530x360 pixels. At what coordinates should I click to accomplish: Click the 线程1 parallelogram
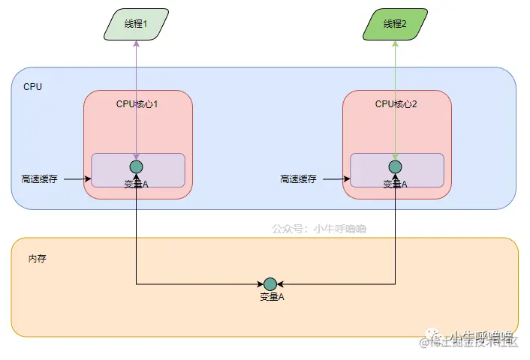pyautogui.click(x=136, y=24)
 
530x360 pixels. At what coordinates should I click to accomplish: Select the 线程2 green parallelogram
pyautogui.click(x=395, y=24)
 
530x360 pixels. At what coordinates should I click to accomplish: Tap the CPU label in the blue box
pyautogui.click(x=33, y=87)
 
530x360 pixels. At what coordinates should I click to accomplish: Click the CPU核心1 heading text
pyautogui.click(x=137, y=104)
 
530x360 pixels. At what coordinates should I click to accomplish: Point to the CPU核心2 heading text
pyautogui.click(x=396, y=104)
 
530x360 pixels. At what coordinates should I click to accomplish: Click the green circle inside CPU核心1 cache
pyautogui.click(x=136, y=166)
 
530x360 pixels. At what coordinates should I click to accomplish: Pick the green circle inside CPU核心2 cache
pyautogui.click(x=396, y=166)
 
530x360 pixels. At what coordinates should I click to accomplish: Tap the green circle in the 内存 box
pyautogui.click(x=270, y=283)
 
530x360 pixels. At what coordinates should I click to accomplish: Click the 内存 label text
pyautogui.click(x=38, y=258)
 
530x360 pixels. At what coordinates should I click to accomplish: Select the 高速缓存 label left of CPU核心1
pyautogui.click(x=39, y=179)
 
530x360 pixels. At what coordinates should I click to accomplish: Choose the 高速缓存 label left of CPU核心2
pyautogui.click(x=298, y=179)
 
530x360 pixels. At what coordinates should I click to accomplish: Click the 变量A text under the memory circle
pyautogui.click(x=272, y=297)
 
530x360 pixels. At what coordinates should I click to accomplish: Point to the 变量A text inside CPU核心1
pyautogui.click(x=136, y=184)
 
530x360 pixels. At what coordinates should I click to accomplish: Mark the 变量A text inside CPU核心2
pyautogui.click(x=396, y=184)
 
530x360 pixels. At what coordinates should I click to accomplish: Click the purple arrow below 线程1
pyautogui.click(x=136, y=97)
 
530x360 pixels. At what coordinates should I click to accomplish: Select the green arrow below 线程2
pyautogui.click(x=396, y=97)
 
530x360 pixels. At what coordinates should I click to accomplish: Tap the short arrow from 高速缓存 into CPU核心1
pyautogui.click(x=77, y=179)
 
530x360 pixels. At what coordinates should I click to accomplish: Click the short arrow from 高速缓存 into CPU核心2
pyautogui.click(x=336, y=179)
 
